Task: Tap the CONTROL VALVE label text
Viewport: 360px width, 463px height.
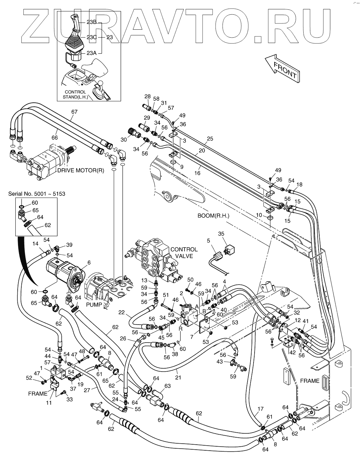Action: (184, 252)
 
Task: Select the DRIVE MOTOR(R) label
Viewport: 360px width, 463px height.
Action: (80, 170)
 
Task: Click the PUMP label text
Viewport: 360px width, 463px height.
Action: (93, 305)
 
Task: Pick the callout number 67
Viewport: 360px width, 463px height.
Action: (74, 112)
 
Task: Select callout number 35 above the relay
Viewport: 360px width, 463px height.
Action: (221, 234)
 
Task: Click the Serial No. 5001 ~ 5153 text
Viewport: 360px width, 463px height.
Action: (37, 193)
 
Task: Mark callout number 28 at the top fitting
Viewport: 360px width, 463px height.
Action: (147, 96)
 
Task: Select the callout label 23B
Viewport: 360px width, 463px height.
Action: (91, 22)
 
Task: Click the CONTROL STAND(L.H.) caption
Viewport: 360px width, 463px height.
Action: (75, 95)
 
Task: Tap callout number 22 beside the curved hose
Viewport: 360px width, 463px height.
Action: (122, 312)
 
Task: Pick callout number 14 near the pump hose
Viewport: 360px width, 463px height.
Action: (35, 244)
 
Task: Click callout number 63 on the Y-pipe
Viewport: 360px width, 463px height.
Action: (167, 386)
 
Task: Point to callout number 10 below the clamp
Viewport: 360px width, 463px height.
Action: (259, 215)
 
